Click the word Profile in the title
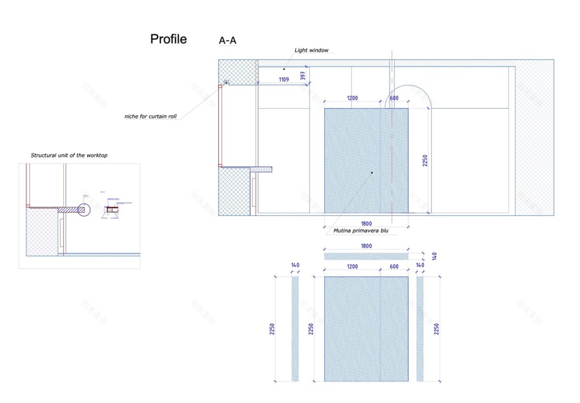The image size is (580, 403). coord(168,40)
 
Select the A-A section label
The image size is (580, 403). coord(227,41)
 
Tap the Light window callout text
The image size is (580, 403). coord(310,51)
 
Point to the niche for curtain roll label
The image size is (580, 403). coord(150,117)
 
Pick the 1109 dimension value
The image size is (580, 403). coord(283,80)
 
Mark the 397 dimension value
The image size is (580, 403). coord(303,76)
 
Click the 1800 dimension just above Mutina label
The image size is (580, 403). coord(366,223)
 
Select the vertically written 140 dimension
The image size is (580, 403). coord(434,255)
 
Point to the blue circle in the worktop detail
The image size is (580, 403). coord(84,209)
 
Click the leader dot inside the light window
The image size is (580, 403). coord(284,68)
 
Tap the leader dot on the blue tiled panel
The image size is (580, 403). coord(372,173)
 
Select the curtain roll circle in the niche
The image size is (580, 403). coord(226,83)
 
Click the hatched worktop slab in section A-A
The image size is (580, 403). coord(261,169)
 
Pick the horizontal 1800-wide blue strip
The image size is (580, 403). coord(366,255)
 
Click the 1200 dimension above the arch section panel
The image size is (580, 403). coord(352,98)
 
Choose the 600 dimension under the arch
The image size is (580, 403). coord(394,98)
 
